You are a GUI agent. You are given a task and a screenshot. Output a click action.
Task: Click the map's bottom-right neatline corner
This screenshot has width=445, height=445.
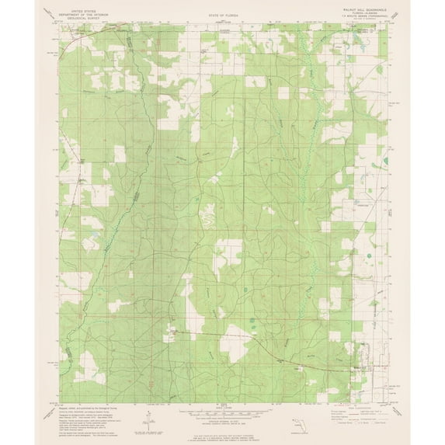click(388, 403)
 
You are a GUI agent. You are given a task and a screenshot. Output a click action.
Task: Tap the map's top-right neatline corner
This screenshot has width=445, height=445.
click(388, 23)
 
